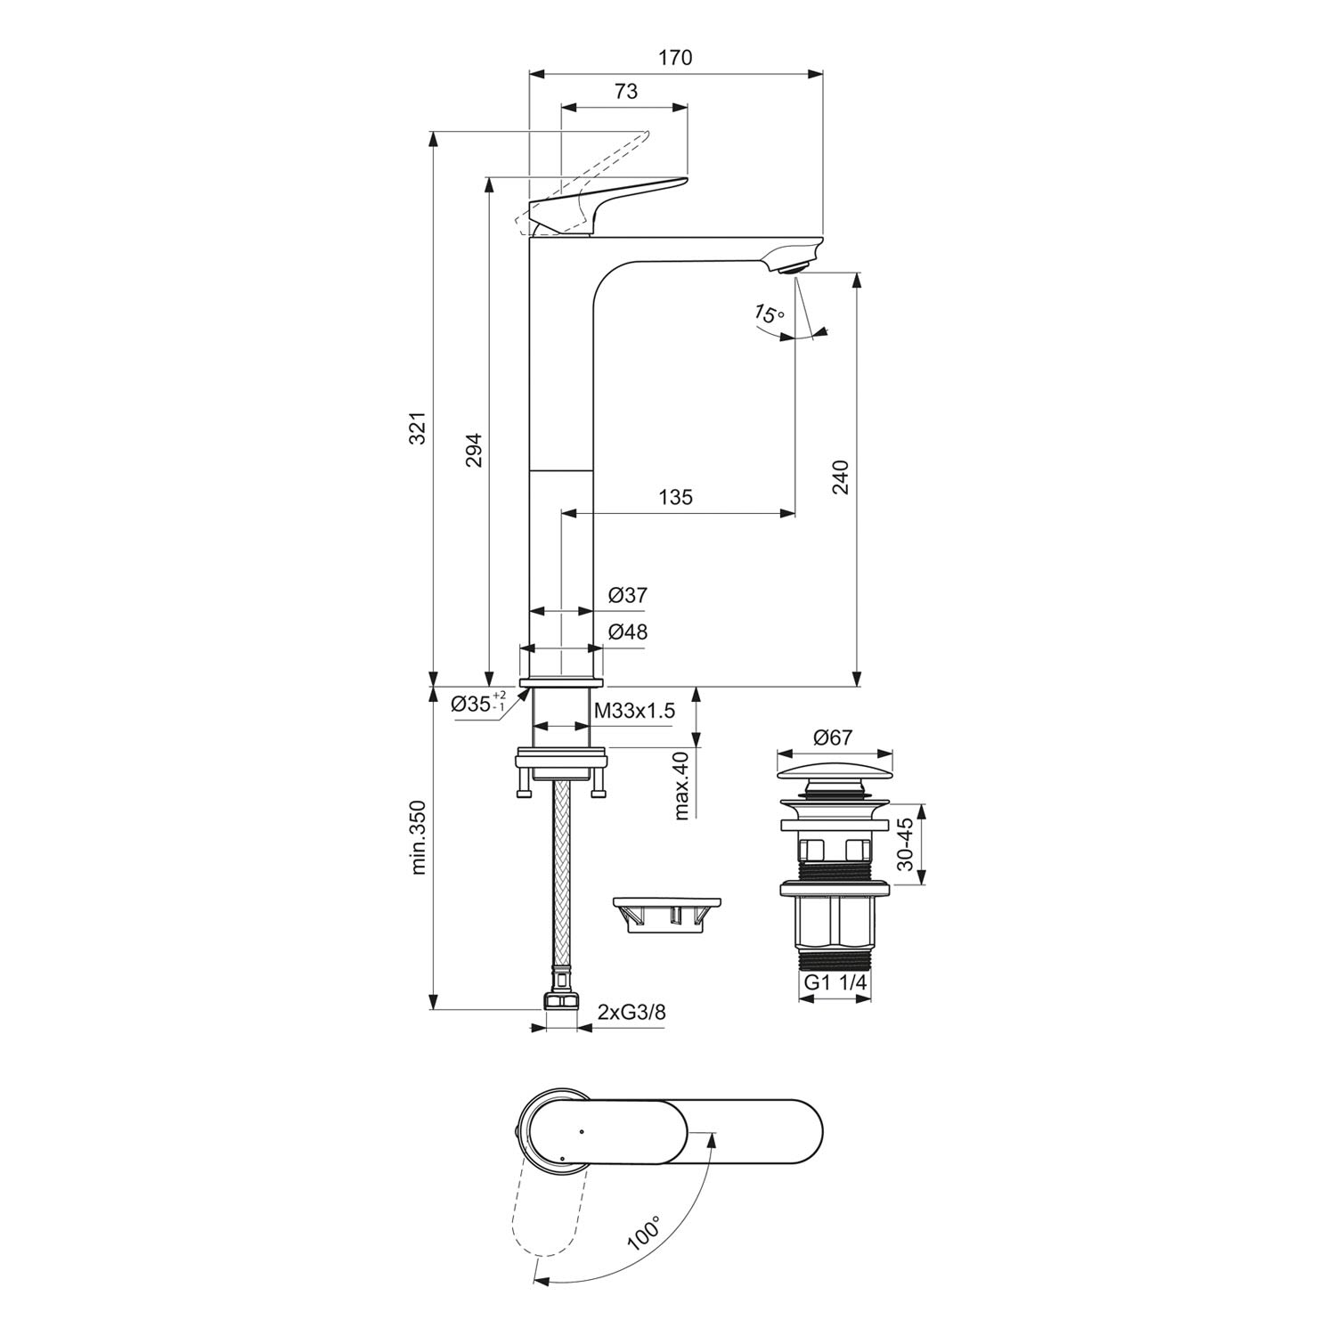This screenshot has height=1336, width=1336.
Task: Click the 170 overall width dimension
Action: [x=675, y=58]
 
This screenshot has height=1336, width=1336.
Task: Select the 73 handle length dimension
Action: [x=625, y=91]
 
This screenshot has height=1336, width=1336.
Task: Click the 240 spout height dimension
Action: [x=841, y=477]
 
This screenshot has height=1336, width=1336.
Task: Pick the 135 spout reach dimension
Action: [x=675, y=497]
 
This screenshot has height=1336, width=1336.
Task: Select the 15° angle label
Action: [x=769, y=314]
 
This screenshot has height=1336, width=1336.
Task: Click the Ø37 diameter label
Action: [x=628, y=596]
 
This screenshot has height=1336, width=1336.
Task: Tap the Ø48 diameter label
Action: [x=628, y=632]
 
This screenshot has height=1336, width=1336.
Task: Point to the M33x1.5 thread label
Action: [x=635, y=711]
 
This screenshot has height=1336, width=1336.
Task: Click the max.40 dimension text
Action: [x=681, y=785]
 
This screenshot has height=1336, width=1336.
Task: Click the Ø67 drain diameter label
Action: [x=834, y=737]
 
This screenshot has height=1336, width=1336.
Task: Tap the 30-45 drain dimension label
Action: [x=906, y=844]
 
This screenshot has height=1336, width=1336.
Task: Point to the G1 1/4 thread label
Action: [x=836, y=982]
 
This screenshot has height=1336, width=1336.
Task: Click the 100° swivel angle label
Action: [x=643, y=1234]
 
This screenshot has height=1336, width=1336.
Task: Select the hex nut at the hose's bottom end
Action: [x=560, y=1001]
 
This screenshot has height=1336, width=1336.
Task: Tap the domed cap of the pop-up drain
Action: [x=834, y=763]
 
